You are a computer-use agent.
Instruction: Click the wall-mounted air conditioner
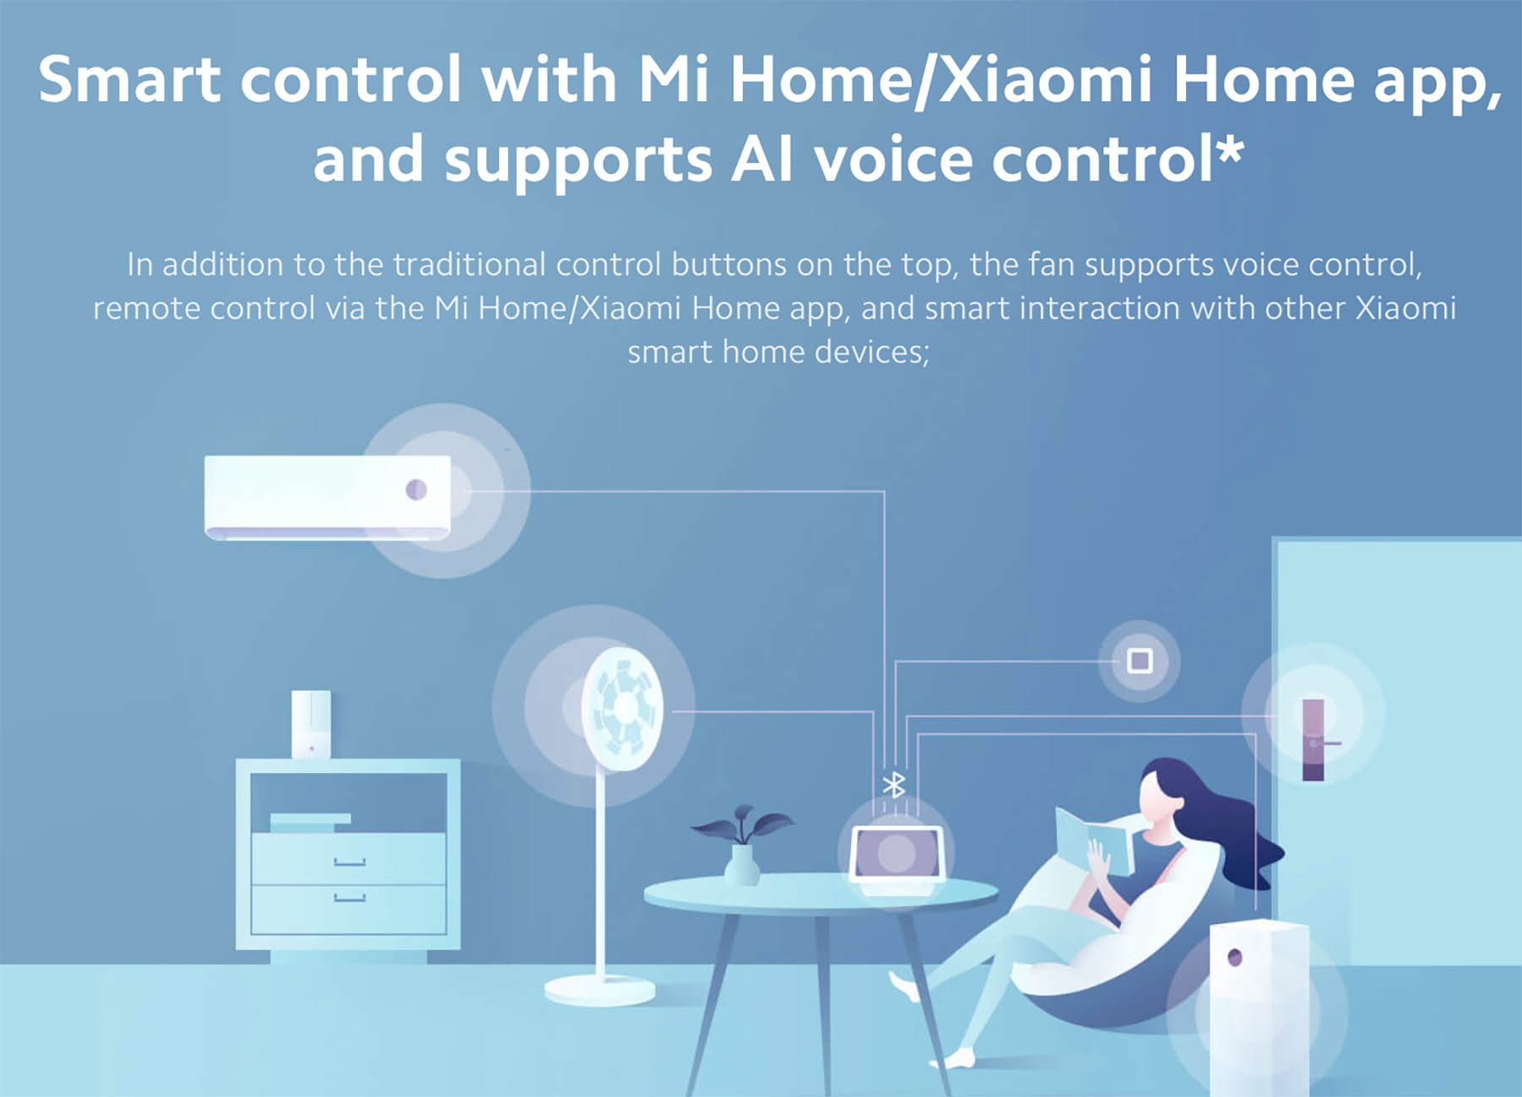coord(328,497)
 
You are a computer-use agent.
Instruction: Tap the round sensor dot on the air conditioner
coord(416,489)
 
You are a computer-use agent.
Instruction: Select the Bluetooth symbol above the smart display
coord(894,785)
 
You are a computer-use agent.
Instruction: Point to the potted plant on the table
coord(741,844)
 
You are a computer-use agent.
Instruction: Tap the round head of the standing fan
coord(623,709)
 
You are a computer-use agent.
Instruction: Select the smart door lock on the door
coord(1314,740)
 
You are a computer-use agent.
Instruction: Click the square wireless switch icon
coord(1140,661)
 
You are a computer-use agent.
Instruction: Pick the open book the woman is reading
coord(1092,840)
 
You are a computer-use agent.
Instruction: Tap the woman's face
coord(1155,797)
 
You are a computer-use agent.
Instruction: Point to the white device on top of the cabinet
coord(311,724)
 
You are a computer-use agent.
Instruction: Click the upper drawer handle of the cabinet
coord(349,862)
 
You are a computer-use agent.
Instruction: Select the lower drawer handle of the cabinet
coord(349,898)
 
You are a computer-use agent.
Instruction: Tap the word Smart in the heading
coord(130,80)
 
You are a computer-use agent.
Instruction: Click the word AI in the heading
coord(763,159)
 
